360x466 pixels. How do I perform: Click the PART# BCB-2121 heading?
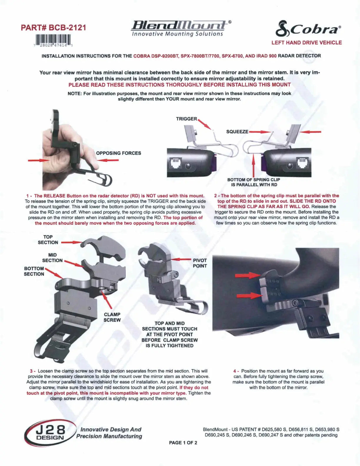pyautogui.click(x=54, y=28)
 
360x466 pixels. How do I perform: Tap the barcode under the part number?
pyautogui.click(x=53, y=41)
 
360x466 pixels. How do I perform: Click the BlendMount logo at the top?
pyautogui.click(x=181, y=28)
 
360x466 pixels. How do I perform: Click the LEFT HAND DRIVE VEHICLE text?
pyautogui.click(x=306, y=42)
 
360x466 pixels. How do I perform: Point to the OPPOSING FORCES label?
pyautogui.click(x=119, y=153)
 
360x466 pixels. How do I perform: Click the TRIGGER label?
pyautogui.click(x=186, y=119)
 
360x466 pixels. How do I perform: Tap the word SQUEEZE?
pyautogui.click(x=237, y=132)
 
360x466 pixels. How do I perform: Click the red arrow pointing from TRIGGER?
pyautogui.click(x=204, y=124)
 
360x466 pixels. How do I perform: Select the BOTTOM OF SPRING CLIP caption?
pyautogui.click(x=254, y=182)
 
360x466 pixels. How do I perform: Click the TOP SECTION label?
pyautogui.click(x=48, y=239)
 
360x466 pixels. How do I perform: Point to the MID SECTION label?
pyautogui.click(x=52, y=257)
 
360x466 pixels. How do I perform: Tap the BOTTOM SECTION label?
pyautogui.click(x=34, y=271)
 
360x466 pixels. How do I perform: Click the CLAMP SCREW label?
pyautogui.click(x=112, y=317)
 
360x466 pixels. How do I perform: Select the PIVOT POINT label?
pyautogui.click(x=200, y=263)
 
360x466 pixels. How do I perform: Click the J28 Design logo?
pyautogui.click(x=50, y=433)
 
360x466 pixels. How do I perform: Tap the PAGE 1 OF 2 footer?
pyautogui.click(x=183, y=443)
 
